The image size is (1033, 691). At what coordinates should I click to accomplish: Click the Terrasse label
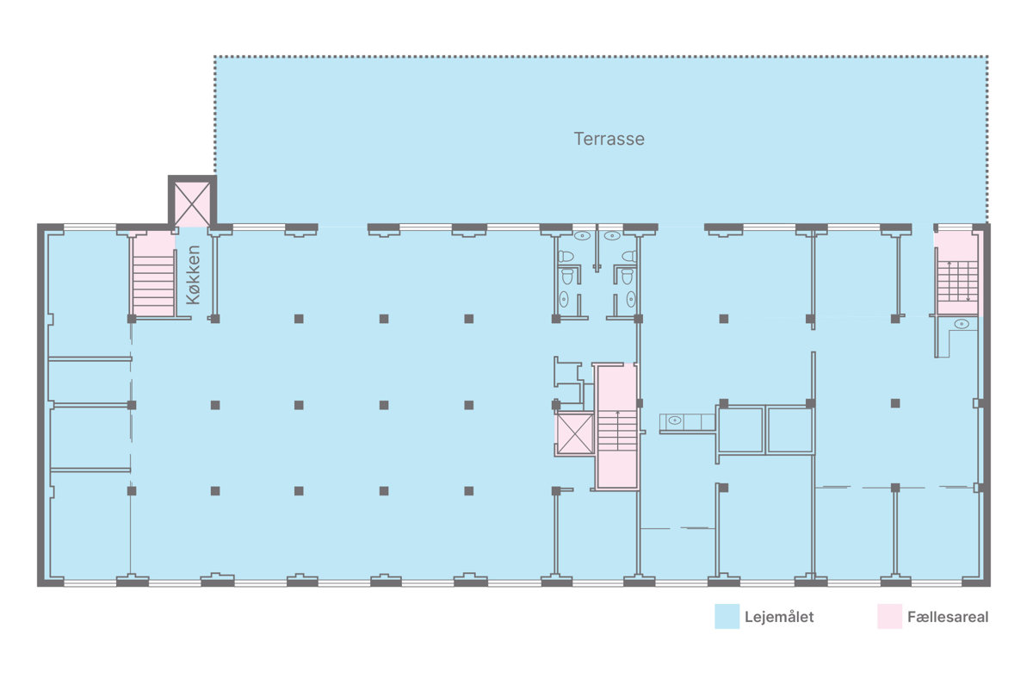tap(609, 139)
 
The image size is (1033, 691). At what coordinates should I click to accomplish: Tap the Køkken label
tap(194, 275)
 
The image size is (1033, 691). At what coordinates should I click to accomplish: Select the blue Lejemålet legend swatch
tap(727, 616)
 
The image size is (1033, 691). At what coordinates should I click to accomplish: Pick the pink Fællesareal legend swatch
tap(889, 616)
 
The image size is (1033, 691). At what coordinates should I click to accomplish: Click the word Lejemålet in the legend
tap(779, 617)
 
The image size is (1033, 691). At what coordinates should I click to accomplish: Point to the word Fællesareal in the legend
tap(948, 617)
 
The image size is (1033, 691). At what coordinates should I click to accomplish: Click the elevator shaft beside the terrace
tap(192, 202)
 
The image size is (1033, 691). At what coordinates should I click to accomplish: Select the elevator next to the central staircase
tap(575, 434)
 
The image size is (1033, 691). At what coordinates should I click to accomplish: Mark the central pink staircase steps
tap(617, 430)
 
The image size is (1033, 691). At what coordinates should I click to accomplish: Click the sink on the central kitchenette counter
tap(675, 420)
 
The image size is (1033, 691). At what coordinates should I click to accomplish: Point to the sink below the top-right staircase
tap(962, 324)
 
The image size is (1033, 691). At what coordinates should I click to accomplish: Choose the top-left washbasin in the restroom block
tap(582, 236)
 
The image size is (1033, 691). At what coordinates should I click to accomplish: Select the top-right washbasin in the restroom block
tap(612, 236)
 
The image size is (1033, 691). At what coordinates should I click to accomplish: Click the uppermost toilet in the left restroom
tap(566, 256)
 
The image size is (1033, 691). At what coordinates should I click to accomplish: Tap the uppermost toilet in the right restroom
tap(629, 256)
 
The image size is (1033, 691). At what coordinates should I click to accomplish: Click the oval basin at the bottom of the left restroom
tap(564, 299)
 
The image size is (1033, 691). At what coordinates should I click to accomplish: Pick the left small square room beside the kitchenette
tap(740, 430)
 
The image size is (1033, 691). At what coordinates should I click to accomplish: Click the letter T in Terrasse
tap(578, 139)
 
